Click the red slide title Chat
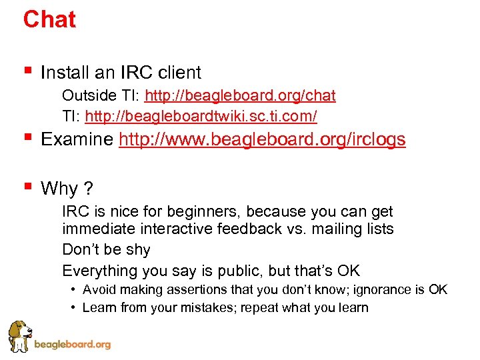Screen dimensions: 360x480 (x=49, y=19)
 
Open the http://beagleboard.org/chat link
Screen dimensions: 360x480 (x=240, y=95)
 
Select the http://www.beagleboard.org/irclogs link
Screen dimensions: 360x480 (x=262, y=139)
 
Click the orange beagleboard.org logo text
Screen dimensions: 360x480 (x=72, y=345)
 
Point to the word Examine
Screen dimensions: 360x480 (x=77, y=139)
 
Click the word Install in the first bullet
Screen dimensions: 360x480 (x=63, y=72)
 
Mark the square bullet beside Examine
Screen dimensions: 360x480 (x=27, y=138)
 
